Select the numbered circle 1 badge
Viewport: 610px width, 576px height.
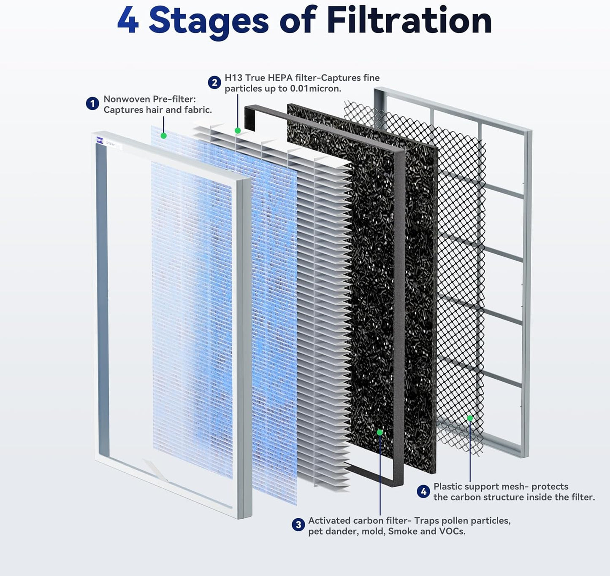(x=92, y=104)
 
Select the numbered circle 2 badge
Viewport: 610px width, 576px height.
(x=214, y=83)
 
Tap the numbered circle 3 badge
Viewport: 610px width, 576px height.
(x=298, y=525)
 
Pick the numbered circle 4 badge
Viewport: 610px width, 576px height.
(x=423, y=492)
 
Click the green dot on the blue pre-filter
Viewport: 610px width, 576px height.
(x=164, y=136)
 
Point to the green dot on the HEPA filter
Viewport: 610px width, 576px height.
(x=238, y=131)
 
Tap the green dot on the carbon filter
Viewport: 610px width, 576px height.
(x=380, y=432)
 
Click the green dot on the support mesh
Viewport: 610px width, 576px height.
(x=470, y=418)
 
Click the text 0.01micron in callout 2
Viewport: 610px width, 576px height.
(x=315, y=89)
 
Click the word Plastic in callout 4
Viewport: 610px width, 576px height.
(x=447, y=487)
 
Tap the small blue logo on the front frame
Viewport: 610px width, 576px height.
(x=100, y=140)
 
